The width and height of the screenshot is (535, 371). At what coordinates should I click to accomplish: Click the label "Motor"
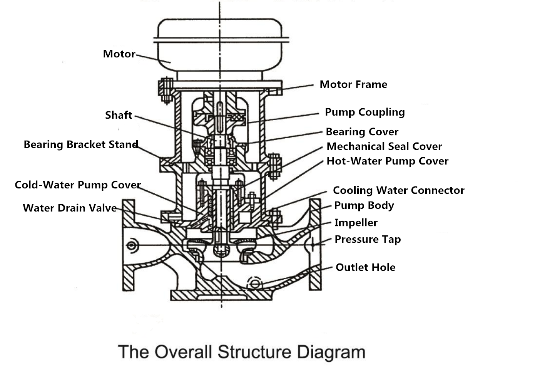[119, 54]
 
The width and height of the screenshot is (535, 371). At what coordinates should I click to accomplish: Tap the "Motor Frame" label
[353, 84]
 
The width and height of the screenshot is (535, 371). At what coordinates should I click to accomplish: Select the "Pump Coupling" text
[365, 112]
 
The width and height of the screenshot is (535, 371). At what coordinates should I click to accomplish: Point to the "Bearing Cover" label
[362, 132]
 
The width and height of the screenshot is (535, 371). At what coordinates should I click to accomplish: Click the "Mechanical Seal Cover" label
[384, 146]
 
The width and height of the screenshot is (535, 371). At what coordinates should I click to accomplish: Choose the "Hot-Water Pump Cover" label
[387, 161]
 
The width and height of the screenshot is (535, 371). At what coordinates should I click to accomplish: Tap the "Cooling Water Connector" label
[398, 190]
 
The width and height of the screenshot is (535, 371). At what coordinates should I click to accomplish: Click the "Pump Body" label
[364, 205]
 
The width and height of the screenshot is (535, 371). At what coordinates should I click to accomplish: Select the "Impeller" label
[356, 223]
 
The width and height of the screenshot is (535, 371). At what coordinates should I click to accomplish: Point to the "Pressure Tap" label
[368, 239]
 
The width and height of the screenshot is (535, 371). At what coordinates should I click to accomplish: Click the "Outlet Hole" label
[365, 267]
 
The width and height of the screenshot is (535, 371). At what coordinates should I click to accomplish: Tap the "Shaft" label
[119, 115]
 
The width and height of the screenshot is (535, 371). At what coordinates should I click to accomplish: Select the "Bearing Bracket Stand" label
[81, 144]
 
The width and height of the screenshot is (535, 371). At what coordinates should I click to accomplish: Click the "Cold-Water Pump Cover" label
[78, 185]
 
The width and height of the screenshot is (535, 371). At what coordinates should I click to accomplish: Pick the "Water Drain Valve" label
[70, 208]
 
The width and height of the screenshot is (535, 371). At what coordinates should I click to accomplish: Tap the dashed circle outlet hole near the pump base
[255, 283]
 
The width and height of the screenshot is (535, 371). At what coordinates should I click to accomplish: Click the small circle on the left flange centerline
[132, 245]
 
